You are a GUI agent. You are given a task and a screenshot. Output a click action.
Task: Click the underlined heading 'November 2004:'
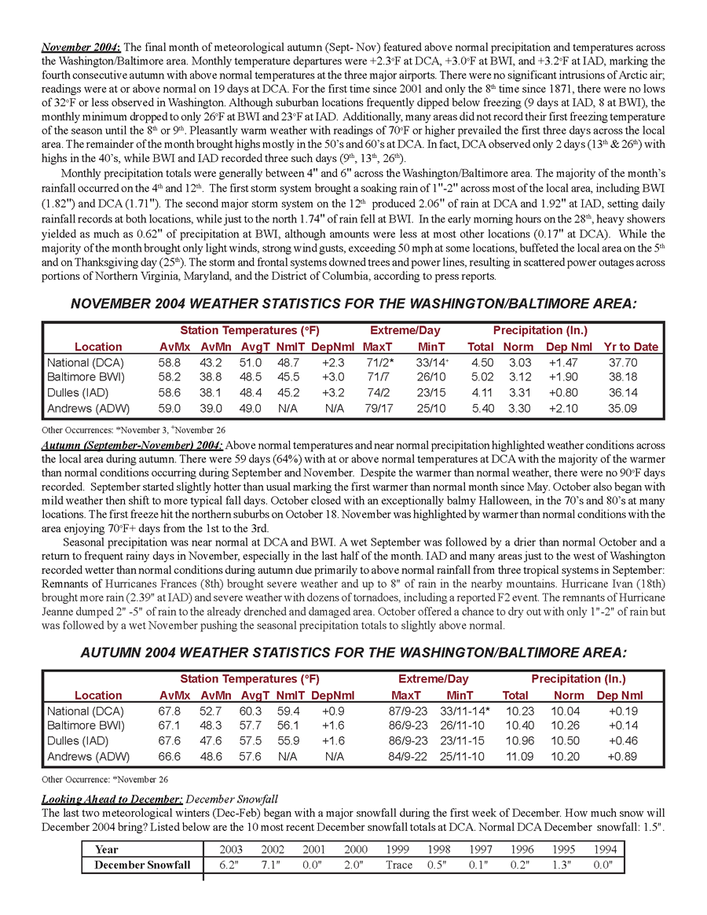[x=81, y=47]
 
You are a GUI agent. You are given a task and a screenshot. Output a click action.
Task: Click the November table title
[x=353, y=303]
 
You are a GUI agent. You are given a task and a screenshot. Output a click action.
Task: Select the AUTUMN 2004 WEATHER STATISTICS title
[x=353, y=652]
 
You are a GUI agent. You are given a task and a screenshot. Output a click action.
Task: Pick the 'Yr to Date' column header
[x=631, y=347]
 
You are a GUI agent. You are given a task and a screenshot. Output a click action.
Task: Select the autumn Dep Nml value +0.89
[x=620, y=756]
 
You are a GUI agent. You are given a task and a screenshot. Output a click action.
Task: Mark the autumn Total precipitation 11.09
[x=515, y=756]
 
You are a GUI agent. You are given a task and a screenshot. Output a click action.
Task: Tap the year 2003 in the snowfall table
[x=230, y=850]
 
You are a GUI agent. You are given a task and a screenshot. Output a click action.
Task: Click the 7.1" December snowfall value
[x=273, y=865]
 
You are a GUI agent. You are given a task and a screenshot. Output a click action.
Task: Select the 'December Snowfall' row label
[x=142, y=865]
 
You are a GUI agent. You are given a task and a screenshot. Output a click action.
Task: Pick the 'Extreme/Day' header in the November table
[x=405, y=331]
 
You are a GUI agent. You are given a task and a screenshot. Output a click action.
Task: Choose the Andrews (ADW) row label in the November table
[x=88, y=409]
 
